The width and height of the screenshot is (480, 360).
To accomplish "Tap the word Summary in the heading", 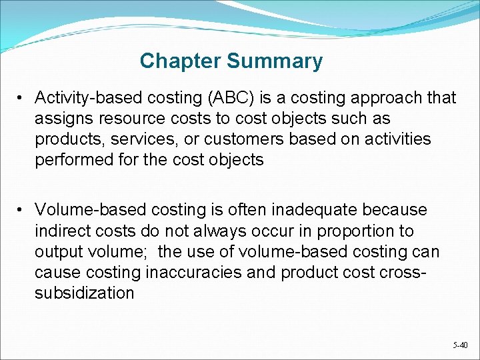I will tap(275, 61).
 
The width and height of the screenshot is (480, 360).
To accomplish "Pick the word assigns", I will tap(62, 119).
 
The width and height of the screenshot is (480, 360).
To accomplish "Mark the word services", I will tap(141, 139).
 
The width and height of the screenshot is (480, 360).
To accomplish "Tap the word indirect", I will tap(61, 231).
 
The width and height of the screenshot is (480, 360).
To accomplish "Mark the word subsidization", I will tap(85, 293).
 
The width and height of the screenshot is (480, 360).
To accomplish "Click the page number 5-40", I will tap(460, 345).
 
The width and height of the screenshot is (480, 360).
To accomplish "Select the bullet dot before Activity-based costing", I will tap(22, 98).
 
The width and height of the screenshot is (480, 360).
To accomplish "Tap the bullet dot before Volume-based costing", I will tap(22, 211).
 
